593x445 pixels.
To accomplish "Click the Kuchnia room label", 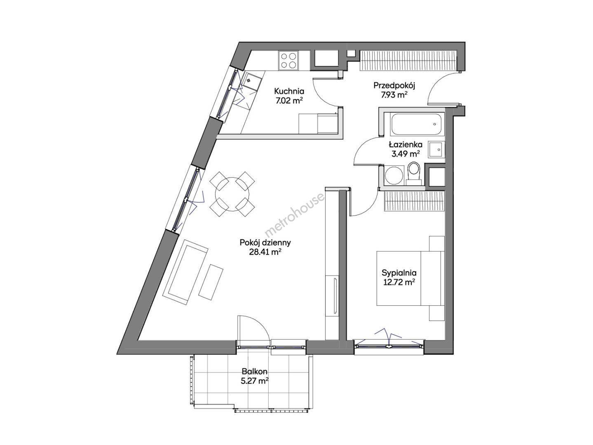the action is point(289,91).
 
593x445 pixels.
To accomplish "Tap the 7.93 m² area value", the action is point(394,95).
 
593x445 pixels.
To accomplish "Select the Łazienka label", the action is point(405,145).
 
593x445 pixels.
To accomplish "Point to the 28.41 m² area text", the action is point(265,252).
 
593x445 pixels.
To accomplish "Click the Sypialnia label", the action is point(399,273).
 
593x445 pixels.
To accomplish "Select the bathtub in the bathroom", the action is point(417,124).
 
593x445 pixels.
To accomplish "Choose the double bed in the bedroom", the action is point(410,278).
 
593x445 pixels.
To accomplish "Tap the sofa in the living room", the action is point(185,272).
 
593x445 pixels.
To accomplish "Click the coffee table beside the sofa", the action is point(211,282).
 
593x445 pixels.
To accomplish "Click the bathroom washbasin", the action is point(435,149).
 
